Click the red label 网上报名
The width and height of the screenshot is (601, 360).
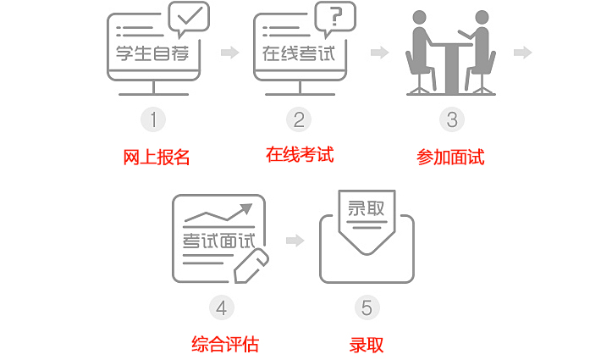[x=157, y=158]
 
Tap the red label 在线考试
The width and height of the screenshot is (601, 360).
[x=300, y=154]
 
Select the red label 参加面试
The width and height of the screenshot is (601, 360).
[x=450, y=158]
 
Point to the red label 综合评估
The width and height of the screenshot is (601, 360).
[x=225, y=344]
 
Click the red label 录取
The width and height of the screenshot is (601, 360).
[x=367, y=345]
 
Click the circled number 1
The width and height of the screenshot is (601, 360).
[x=153, y=119]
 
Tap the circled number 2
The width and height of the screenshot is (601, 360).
[x=299, y=119]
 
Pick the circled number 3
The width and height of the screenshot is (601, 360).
[x=452, y=119]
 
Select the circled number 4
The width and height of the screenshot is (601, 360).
[x=222, y=307]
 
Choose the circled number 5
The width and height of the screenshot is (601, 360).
[x=367, y=307]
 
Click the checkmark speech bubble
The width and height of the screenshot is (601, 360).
[x=189, y=18]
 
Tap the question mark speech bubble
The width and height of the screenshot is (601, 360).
[x=335, y=18]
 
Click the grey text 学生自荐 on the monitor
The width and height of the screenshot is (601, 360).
[x=152, y=53]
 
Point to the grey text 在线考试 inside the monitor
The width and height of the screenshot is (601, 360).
[x=299, y=53]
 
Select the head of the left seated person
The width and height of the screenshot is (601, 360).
[x=419, y=17]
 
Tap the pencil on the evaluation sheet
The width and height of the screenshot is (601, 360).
[x=251, y=266]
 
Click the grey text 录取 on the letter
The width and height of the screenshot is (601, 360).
[x=366, y=208]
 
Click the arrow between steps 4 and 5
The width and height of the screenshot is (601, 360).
[x=295, y=241]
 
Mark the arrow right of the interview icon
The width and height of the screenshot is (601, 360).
[x=523, y=53]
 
